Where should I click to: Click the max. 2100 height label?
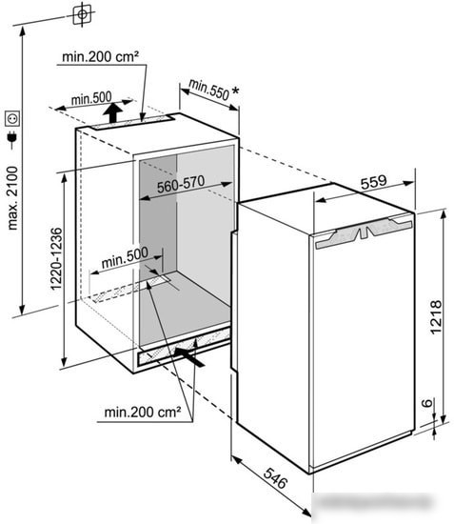(x=12, y=198)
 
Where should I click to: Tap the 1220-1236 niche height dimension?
(x=56, y=259)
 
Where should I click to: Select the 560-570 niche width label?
(x=181, y=184)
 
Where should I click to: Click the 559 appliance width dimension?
(x=373, y=182)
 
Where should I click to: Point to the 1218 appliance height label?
(x=436, y=317)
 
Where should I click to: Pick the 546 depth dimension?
(x=275, y=478)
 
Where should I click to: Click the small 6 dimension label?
(x=427, y=403)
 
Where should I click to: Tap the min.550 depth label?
(x=209, y=90)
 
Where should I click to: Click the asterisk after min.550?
(x=235, y=91)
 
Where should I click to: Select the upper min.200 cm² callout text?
(x=100, y=56)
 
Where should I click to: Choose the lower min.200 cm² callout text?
(x=143, y=412)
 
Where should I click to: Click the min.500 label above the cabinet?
(x=91, y=98)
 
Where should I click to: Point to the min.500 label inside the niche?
(x=125, y=257)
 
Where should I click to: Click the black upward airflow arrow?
(x=113, y=112)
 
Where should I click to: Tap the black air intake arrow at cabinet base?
(x=189, y=357)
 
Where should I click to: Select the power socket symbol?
(x=12, y=118)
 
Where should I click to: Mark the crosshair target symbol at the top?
(x=82, y=14)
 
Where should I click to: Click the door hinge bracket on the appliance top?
(x=364, y=232)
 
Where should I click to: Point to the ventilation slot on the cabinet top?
(x=131, y=122)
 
